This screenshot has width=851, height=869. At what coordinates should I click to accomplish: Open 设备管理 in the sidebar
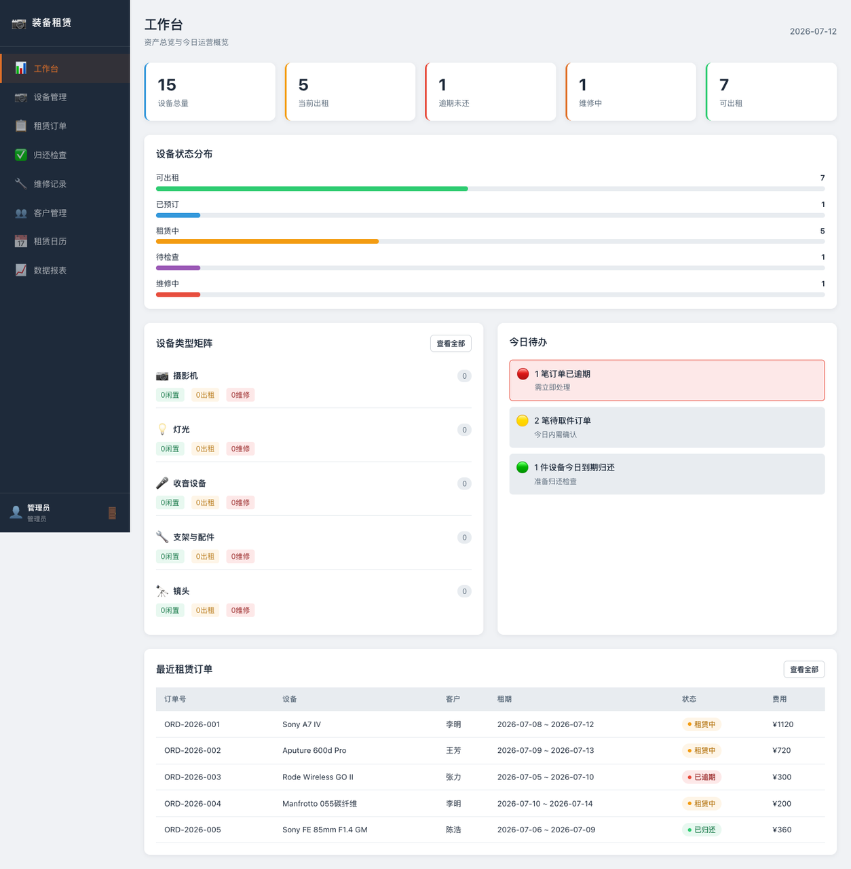[x=50, y=97]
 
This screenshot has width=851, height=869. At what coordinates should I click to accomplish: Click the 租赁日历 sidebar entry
[x=50, y=242]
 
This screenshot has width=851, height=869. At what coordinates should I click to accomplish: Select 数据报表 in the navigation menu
[x=50, y=271]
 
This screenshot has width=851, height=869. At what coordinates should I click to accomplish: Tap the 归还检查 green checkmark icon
[x=21, y=155]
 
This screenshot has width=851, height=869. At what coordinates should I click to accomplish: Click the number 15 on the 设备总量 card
[x=167, y=85]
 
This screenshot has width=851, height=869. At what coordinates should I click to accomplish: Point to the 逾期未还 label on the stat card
[x=454, y=103]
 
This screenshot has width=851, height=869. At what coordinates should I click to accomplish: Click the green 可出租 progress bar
[x=311, y=189]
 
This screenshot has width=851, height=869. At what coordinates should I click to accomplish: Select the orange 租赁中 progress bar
[x=267, y=242]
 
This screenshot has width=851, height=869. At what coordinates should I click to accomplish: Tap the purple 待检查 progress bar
[x=178, y=268]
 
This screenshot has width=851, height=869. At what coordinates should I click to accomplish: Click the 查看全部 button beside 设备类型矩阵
[x=451, y=344]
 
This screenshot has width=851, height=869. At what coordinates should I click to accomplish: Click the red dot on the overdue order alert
[x=523, y=374]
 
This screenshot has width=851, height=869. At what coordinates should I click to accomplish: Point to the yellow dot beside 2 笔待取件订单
[x=523, y=421]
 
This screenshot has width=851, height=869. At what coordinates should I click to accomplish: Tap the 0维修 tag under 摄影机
[x=240, y=395]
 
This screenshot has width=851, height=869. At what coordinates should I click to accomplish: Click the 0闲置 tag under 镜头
[x=170, y=610]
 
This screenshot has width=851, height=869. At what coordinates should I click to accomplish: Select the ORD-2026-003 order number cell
[x=193, y=777]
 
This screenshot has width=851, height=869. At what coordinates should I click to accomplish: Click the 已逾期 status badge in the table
[x=701, y=777]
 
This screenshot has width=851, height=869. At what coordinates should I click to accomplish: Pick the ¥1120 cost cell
[x=782, y=724]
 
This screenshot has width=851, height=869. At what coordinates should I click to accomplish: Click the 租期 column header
[x=504, y=699]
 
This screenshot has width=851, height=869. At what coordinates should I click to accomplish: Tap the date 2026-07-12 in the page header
[x=813, y=31]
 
